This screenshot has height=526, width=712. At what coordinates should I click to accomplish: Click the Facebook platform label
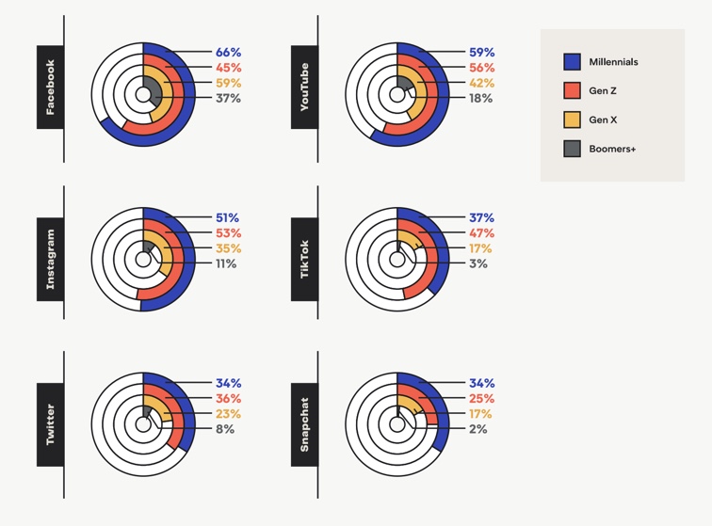[51, 87]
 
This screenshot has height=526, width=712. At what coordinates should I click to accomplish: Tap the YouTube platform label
[304, 87]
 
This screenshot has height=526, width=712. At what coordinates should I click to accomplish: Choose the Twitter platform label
[51, 423]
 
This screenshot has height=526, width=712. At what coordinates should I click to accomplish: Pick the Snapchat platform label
[304, 423]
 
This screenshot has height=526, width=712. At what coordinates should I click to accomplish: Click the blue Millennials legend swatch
[572, 62]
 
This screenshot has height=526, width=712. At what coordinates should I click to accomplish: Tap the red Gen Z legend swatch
[572, 90]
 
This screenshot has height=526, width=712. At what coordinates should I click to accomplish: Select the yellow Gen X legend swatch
[572, 120]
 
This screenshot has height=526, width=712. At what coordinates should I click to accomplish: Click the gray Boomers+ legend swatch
[572, 149]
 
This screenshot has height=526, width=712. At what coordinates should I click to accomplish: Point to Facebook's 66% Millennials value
[228, 53]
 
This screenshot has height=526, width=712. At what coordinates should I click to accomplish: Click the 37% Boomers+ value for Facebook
[228, 98]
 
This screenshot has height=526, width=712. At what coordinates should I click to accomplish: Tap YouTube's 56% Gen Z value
[481, 68]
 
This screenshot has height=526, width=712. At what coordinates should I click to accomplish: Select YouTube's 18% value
[480, 98]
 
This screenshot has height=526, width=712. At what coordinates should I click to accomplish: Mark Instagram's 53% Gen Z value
[228, 233]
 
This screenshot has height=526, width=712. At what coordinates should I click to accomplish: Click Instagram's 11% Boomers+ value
[226, 263]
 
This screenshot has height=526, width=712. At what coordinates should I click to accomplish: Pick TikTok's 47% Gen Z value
[481, 233]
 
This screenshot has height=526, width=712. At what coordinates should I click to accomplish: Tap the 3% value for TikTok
[478, 263]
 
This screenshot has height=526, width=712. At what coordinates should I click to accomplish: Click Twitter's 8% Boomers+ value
[225, 429]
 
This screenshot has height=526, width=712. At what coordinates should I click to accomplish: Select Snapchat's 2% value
[478, 429]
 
